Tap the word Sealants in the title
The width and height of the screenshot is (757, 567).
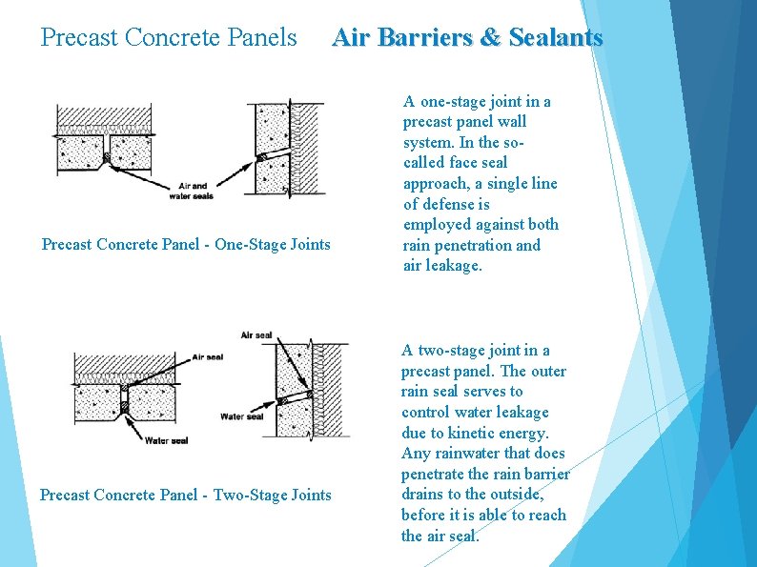556,37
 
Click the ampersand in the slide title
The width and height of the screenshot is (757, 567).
490,37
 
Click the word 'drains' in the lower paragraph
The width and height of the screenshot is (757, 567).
422,495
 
